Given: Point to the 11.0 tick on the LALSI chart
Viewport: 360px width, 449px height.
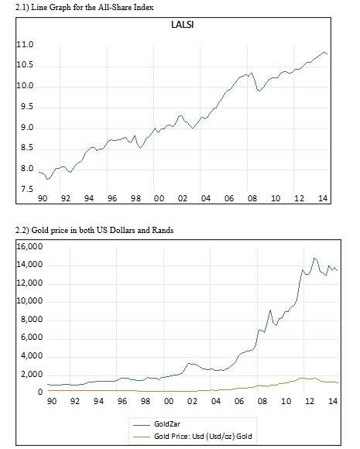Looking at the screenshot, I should click(24, 45).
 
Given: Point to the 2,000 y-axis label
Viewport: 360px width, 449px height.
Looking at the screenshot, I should click(33, 374).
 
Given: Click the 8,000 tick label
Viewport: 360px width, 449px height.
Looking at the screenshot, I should click(33, 320).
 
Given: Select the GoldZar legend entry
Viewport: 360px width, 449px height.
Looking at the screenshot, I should click(166, 424).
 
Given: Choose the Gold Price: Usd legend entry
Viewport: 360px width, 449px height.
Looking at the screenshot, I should click(204, 437).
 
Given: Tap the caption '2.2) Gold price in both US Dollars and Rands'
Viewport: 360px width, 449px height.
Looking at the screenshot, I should click(98, 231).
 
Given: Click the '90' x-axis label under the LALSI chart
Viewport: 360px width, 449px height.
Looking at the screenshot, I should click(43, 198).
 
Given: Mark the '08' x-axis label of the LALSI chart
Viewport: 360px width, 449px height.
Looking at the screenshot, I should click(252, 198).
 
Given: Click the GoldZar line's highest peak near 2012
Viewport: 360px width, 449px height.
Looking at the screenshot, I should click(314, 258).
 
